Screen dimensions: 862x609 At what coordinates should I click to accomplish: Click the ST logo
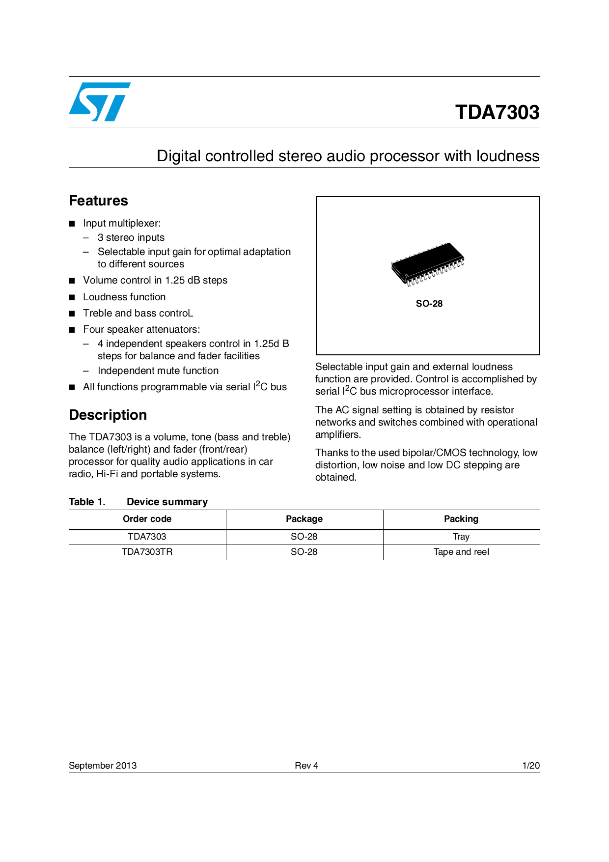click(100, 102)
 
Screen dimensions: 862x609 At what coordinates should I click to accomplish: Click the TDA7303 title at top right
click(497, 112)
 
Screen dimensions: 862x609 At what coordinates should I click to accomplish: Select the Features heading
click(98, 201)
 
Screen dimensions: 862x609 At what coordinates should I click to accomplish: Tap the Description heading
click(108, 415)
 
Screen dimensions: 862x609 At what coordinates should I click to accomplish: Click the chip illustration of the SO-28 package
click(428, 264)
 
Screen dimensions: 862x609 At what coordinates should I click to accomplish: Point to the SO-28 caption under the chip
click(429, 304)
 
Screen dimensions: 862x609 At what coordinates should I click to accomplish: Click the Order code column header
click(147, 519)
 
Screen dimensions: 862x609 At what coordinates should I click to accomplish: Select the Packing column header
click(461, 519)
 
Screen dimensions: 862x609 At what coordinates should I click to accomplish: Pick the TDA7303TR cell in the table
click(147, 552)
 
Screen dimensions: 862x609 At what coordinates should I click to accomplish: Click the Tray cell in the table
click(461, 537)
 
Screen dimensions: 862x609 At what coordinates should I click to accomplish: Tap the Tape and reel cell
click(461, 552)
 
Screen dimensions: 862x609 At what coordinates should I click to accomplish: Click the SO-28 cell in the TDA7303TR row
click(304, 552)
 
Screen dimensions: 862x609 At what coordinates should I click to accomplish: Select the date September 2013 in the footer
click(103, 766)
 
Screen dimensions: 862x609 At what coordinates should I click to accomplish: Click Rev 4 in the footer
click(306, 766)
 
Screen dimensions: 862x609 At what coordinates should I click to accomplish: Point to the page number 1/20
click(531, 766)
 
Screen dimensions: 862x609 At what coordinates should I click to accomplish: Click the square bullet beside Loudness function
click(72, 297)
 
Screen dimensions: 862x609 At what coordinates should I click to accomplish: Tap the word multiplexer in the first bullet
click(136, 224)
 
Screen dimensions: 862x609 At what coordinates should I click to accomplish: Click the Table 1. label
click(87, 502)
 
